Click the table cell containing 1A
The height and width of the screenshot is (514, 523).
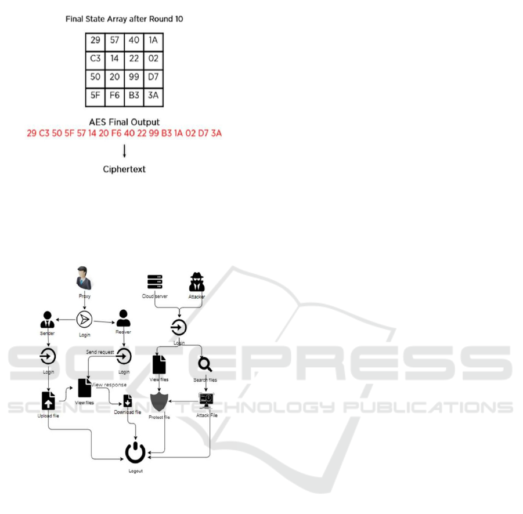[x=153, y=42]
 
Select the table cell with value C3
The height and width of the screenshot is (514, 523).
[x=95, y=59]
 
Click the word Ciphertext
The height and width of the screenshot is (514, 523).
[x=125, y=169]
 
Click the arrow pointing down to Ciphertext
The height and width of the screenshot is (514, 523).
[x=125, y=151]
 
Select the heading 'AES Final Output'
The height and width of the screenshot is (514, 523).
[x=124, y=122]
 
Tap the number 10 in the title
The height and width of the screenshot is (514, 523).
[x=179, y=19]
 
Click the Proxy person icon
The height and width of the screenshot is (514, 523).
[x=85, y=278]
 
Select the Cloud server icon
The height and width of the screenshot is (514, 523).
[x=155, y=282]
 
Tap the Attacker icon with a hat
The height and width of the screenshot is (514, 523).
[x=197, y=282]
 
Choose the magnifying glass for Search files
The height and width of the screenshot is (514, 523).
[x=205, y=364]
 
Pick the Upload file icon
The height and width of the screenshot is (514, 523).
[x=48, y=400]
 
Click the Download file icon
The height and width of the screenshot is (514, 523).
[x=128, y=400]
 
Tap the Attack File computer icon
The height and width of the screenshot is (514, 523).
[x=206, y=399]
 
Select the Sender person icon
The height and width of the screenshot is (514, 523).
[x=47, y=320]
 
